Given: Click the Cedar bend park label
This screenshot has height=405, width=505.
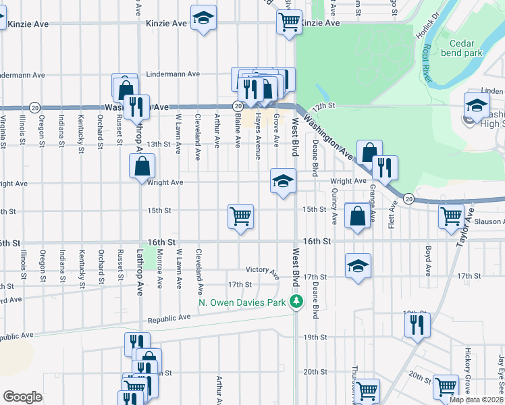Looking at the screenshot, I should click(x=465, y=47).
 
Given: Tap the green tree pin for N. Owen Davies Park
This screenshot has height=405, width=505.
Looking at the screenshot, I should click(x=296, y=302).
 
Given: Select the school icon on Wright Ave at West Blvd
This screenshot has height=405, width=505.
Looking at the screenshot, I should click(x=283, y=180).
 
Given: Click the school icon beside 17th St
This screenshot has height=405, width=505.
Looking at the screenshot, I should click(x=358, y=265).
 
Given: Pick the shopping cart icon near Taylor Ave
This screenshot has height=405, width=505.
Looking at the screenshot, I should click(x=450, y=216).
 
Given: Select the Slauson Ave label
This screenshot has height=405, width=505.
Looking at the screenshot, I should click(x=490, y=222).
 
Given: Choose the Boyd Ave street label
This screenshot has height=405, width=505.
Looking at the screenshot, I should click(x=428, y=261).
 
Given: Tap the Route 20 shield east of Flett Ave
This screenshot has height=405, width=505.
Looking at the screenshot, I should click(x=409, y=198).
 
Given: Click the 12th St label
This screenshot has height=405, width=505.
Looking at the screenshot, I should click(x=323, y=106).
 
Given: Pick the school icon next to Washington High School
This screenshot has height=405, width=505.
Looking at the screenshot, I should click(x=476, y=105).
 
